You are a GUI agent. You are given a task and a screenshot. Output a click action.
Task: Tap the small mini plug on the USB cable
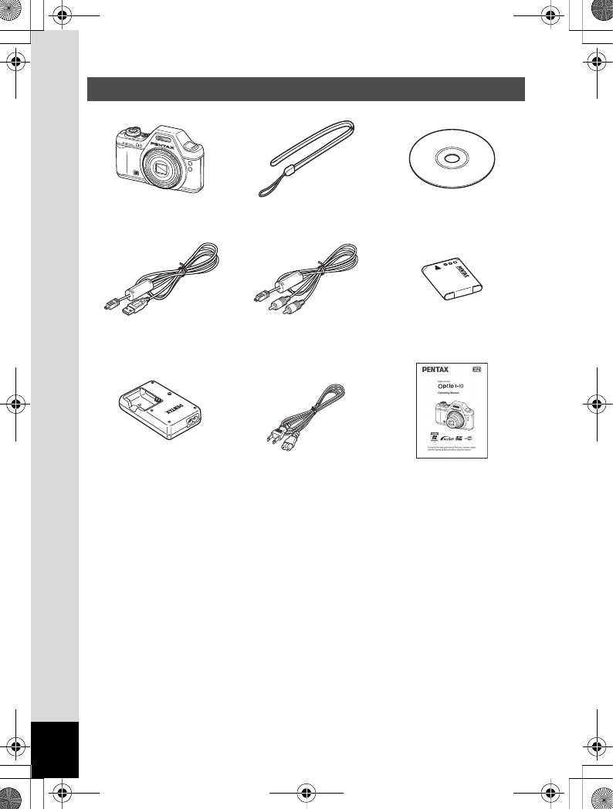(108, 307)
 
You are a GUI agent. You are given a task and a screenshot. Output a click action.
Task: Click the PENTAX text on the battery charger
(174, 406)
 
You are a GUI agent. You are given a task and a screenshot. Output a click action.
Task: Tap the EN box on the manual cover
(476, 369)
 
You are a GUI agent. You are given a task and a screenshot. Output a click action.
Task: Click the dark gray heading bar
(306, 88)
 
